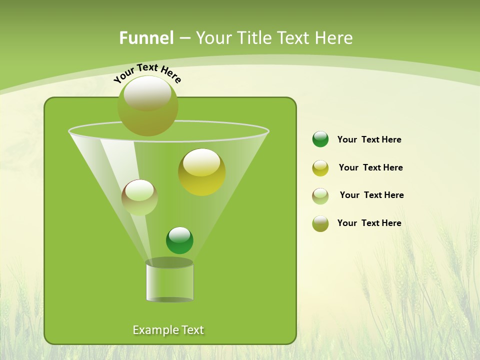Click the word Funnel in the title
coord(146,38)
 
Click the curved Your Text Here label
coord(147,72)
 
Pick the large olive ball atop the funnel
coord(147,105)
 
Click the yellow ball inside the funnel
coord(201,171)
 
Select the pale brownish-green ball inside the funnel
coord(139,197)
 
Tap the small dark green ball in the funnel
coord(179,240)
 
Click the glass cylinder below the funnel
coord(169,282)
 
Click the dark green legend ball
coord(320,139)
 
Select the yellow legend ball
coord(320,168)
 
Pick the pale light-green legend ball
coord(320,196)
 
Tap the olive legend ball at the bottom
coord(320,223)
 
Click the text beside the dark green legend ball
coord(369,139)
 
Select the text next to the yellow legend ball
coord(370,167)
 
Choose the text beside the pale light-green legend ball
coord(371,195)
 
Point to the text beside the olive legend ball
coord(369,223)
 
